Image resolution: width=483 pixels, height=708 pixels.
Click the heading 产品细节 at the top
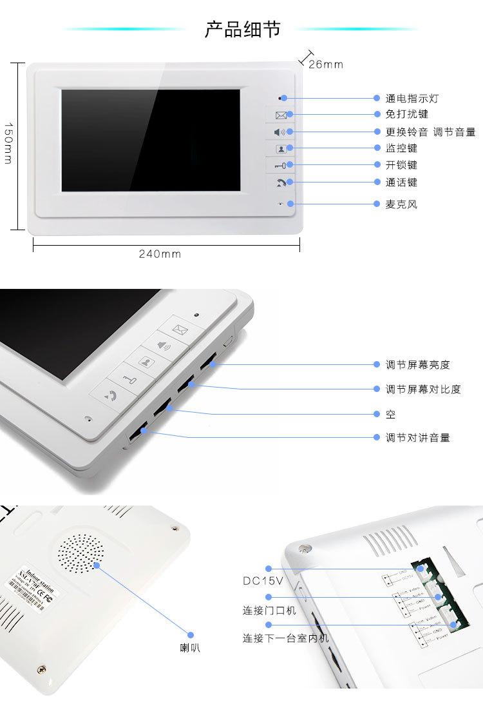tap(242, 29)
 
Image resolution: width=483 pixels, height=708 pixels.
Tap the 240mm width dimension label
tap(160, 254)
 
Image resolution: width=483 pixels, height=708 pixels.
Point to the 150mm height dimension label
tap(8, 143)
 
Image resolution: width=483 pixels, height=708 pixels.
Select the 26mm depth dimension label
tap(325, 64)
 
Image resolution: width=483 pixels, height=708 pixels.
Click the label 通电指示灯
tap(412, 99)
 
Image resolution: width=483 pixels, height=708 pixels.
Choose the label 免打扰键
tap(406, 114)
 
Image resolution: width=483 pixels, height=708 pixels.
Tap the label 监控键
tap(401, 148)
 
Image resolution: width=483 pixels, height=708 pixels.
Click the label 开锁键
tap(401, 165)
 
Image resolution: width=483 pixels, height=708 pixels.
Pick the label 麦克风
tap(401, 204)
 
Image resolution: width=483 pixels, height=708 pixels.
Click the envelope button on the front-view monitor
tap(281, 115)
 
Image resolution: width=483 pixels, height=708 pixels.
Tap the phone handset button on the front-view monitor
tap(281, 182)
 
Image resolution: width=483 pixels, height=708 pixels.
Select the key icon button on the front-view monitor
tap(281, 166)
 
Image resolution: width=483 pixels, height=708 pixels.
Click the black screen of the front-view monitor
tap(151, 140)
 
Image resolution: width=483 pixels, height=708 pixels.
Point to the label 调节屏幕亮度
tap(417, 365)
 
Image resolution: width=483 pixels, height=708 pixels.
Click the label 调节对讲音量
tap(417, 438)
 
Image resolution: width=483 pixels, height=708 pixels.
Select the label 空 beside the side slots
tap(390, 414)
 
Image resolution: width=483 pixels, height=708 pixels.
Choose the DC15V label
tap(258, 581)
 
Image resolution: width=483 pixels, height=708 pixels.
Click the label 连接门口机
tap(269, 610)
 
